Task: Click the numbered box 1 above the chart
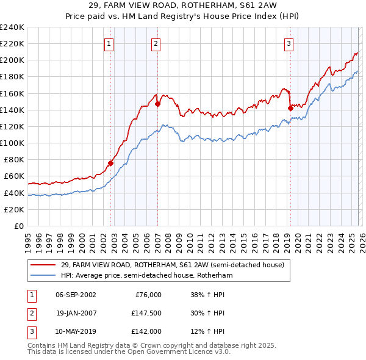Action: pyautogui.click(x=109, y=43)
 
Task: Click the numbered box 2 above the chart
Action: pyautogui.click(x=156, y=43)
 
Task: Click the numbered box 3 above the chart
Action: pyautogui.click(x=288, y=43)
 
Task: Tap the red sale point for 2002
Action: pyautogui.click(x=111, y=163)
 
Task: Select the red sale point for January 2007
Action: pyautogui.click(x=157, y=104)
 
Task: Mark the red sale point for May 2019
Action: pyautogui.click(x=290, y=108)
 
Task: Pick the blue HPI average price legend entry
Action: pyautogui.click(x=146, y=276)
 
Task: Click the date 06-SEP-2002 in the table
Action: pyautogui.click(x=76, y=295)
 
